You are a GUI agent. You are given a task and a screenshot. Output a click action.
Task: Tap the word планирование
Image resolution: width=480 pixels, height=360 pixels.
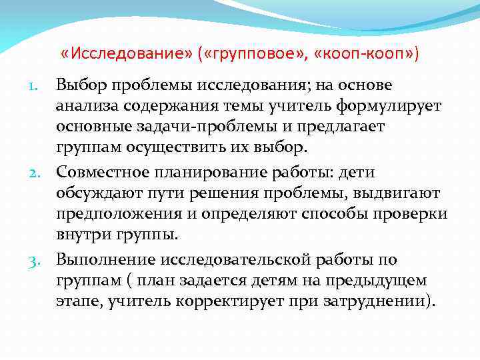(211, 173)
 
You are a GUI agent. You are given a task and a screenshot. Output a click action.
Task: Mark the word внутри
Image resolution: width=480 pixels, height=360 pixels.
(81, 234)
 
